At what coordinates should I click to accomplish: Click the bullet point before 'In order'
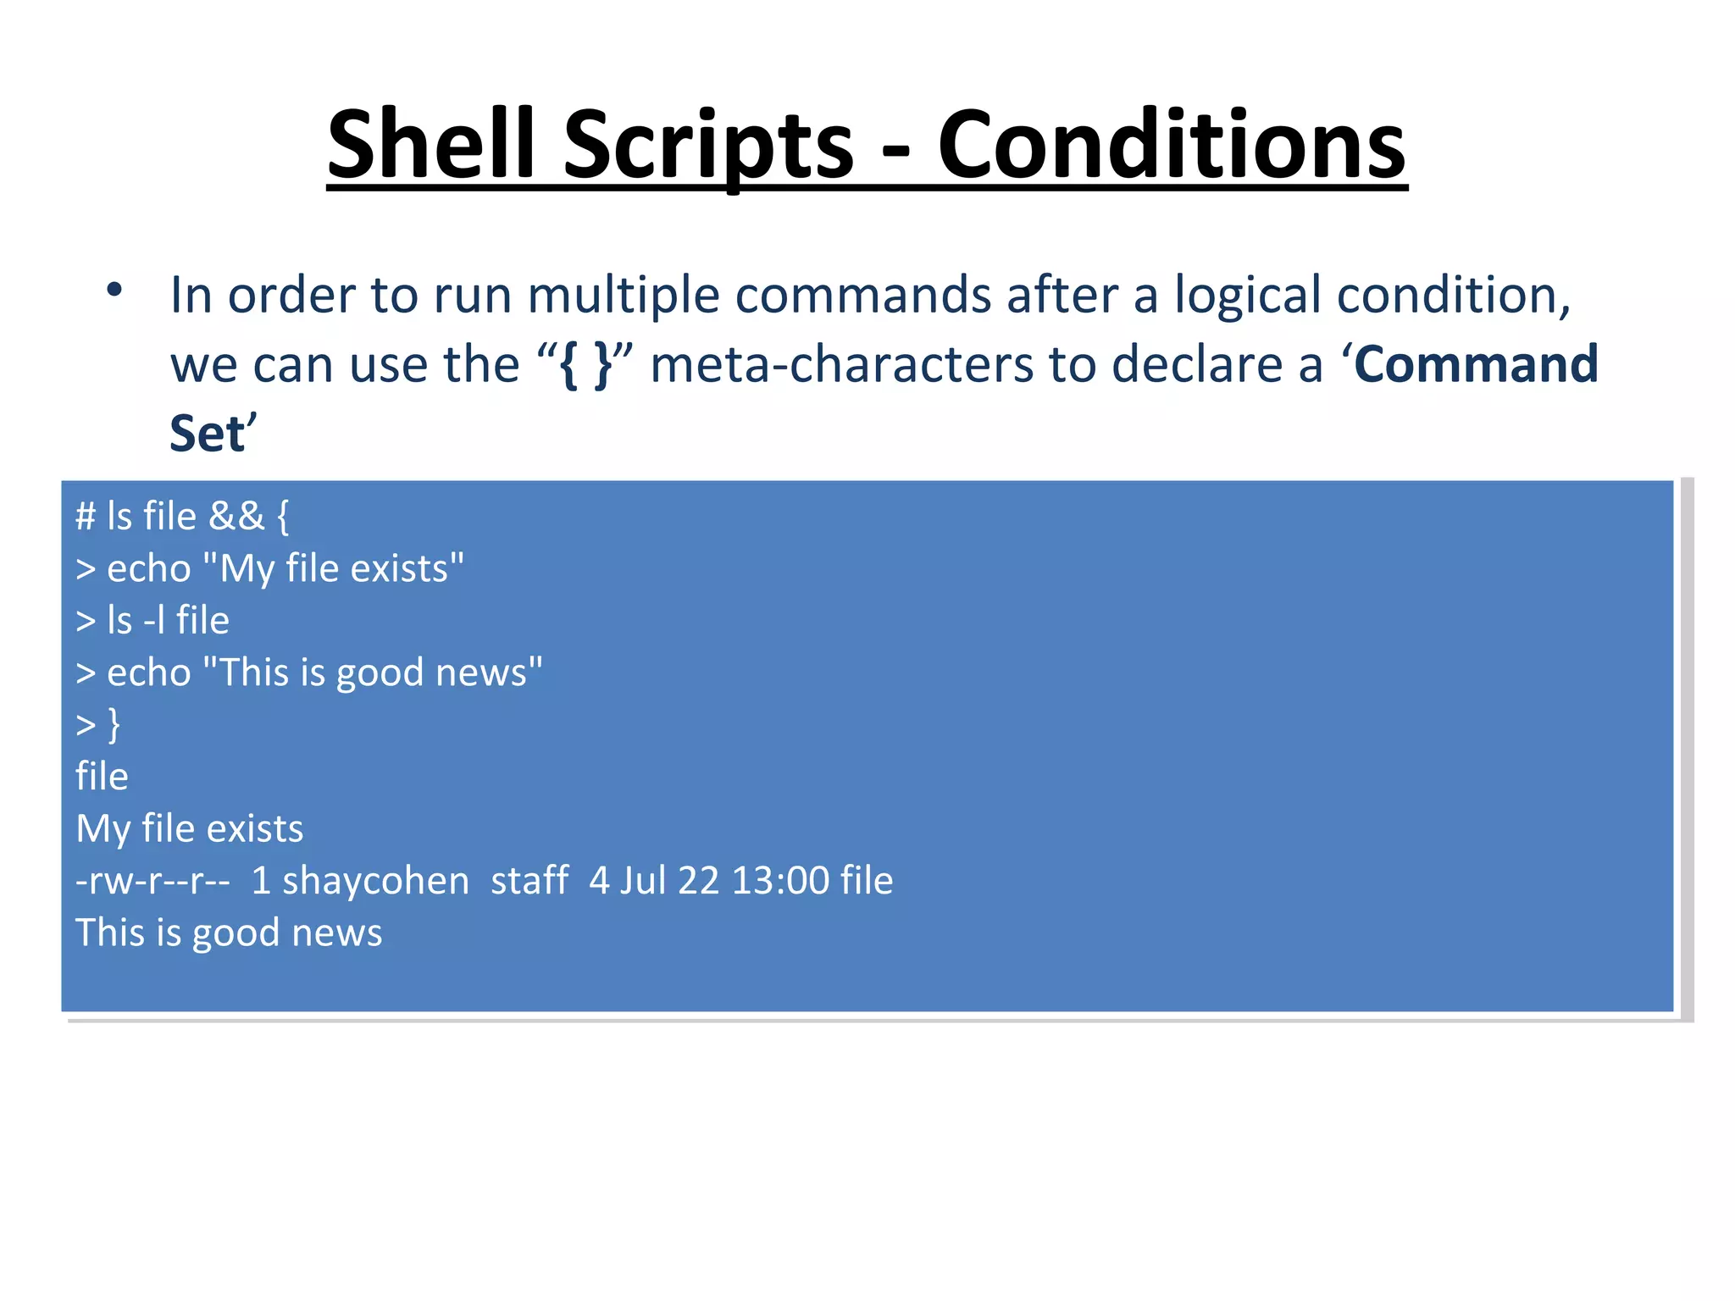(114, 290)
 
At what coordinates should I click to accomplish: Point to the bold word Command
(1476, 364)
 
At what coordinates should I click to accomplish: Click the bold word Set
(207, 434)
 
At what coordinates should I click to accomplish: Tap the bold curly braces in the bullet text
(585, 364)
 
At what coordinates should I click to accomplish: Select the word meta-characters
(842, 364)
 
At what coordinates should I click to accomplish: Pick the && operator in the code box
(236, 516)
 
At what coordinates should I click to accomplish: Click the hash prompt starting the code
(86, 516)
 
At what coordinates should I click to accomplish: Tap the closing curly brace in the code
(114, 725)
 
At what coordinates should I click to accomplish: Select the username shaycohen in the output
(374, 881)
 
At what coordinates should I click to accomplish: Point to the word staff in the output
(529, 881)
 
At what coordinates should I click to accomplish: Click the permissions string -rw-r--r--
(152, 881)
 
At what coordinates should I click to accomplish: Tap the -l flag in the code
(153, 620)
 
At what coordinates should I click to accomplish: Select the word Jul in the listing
(643, 881)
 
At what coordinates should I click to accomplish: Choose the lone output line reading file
(102, 777)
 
